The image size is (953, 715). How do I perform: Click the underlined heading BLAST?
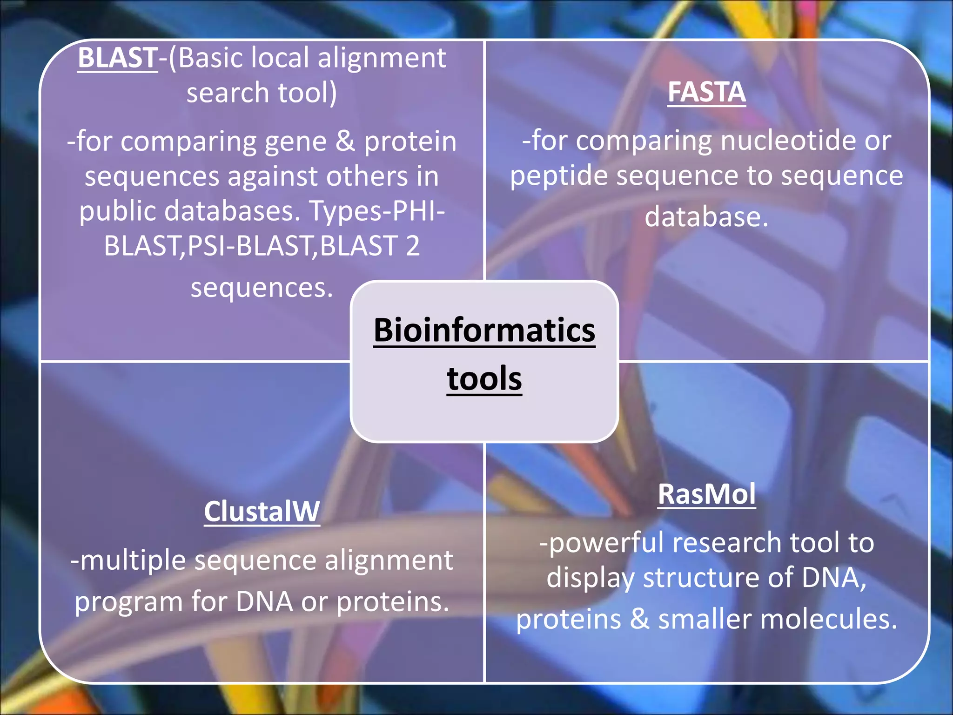click(118, 58)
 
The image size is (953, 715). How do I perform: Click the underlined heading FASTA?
click(706, 92)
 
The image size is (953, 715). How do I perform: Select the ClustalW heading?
click(262, 512)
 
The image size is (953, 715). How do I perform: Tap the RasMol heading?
click(706, 494)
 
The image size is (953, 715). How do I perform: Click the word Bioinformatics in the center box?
click(484, 330)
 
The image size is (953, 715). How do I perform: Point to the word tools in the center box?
click(484, 379)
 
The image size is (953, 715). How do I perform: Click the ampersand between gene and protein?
click(345, 142)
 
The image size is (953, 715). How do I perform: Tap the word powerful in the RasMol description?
click(606, 544)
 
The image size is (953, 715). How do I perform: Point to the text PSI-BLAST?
click(250, 246)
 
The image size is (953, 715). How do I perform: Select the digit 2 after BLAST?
click(412, 246)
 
